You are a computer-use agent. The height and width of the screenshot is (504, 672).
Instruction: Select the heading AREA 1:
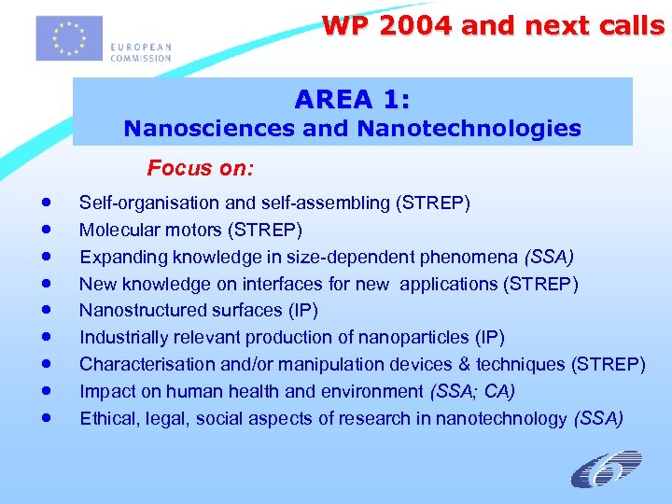352,98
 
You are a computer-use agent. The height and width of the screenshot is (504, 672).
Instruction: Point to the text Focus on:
201,169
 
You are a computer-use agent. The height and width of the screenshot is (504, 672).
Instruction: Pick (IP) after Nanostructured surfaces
301,311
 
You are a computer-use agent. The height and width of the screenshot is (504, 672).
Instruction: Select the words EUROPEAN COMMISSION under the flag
140,52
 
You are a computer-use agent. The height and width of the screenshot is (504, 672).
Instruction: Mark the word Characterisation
141,365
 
